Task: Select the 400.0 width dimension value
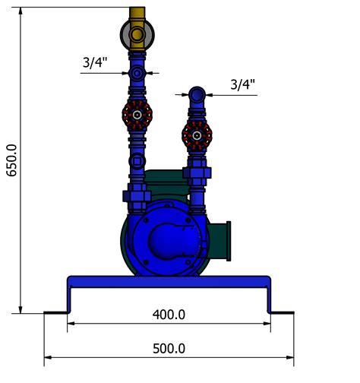click(169, 314)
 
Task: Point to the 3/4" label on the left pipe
click(96, 62)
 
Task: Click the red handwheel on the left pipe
click(137, 115)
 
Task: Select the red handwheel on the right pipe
click(197, 136)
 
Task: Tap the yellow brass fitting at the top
click(137, 31)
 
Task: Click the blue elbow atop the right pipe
click(197, 96)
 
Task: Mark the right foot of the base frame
click(281, 312)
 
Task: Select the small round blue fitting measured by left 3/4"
click(137, 74)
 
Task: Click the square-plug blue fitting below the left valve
click(137, 161)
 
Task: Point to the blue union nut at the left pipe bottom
click(137, 193)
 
